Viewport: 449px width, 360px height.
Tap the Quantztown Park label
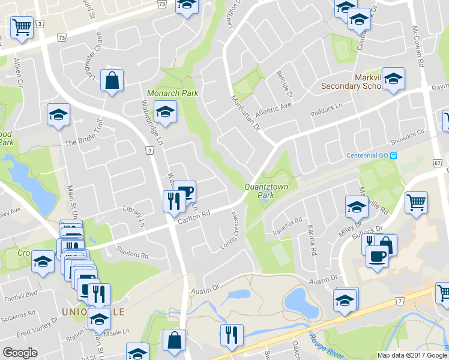click(267, 191)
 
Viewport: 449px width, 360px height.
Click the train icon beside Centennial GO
click(394, 156)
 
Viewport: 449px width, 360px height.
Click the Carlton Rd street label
click(194, 217)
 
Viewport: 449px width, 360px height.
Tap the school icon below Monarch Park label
click(164, 111)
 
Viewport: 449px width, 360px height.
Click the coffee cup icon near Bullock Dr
click(377, 256)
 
